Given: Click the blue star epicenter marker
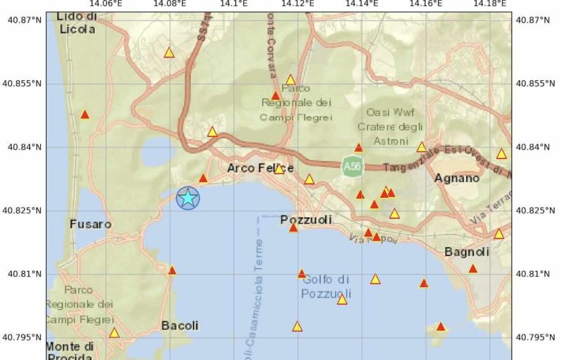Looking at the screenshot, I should [188, 197].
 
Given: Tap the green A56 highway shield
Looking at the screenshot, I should [352, 168].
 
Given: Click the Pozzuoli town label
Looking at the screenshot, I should [306, 219].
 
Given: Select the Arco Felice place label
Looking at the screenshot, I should [261, 168].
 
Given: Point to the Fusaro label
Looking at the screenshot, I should [90, 224].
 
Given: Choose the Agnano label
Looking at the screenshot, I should [457, 178].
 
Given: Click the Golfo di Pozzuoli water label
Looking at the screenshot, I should [326, 286].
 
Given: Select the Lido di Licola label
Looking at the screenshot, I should [76, 23].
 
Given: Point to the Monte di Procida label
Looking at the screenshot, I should [70, 351].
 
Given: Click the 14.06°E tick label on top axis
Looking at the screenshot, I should [107, 4].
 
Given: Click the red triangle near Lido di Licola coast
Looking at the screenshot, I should [85, 114].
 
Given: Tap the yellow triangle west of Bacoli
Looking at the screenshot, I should [114, 332].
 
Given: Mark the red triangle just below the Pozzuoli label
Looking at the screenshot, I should [294, 228].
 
